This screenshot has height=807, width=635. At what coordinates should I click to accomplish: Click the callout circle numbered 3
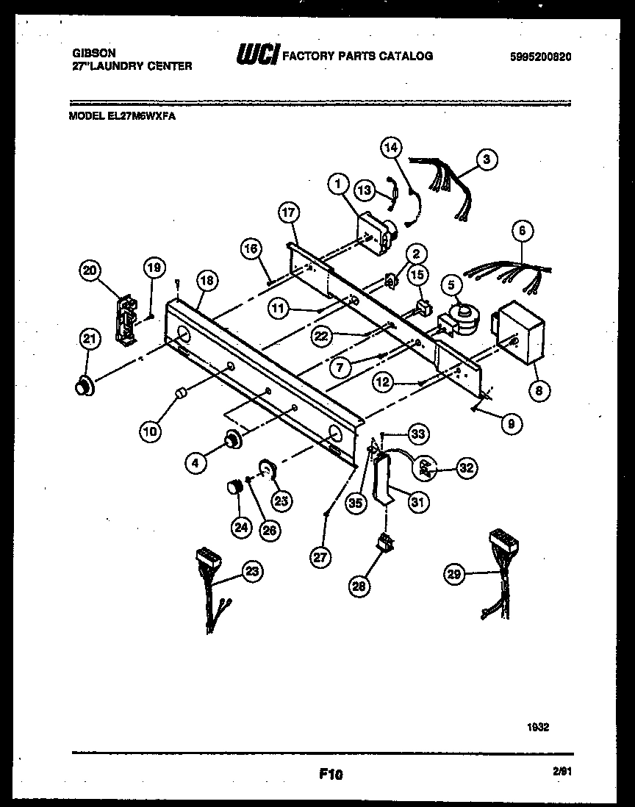coord(485,158)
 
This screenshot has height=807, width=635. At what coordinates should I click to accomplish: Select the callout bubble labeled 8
coord(538,391)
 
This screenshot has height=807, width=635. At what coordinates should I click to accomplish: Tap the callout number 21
coord(89,339)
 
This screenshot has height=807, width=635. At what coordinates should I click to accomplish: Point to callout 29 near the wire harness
coord(454,574)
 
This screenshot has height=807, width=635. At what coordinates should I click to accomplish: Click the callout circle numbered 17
coord(289,214)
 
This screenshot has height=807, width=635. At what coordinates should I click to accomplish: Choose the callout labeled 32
coord(465,467)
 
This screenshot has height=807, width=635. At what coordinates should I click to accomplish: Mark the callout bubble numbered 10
coord(150,431)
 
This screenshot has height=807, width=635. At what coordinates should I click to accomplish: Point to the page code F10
coord(331,773)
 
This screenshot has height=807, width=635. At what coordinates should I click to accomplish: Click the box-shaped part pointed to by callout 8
coord(520,332)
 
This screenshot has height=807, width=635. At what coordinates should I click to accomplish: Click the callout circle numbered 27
coord(320,557)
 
